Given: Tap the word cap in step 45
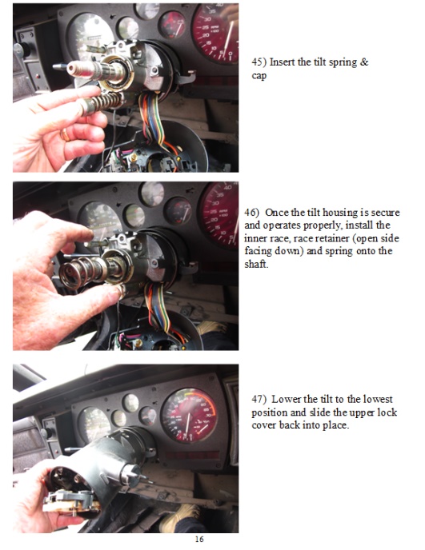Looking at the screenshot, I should (x=259, y=75).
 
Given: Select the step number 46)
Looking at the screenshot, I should (x=253, y=213).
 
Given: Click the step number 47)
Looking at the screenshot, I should (x=259, y=399).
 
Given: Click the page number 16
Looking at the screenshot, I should (x=199, y=540).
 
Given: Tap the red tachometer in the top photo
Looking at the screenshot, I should (x=215, y=32).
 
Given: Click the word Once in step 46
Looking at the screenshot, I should (x=284, y=213).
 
